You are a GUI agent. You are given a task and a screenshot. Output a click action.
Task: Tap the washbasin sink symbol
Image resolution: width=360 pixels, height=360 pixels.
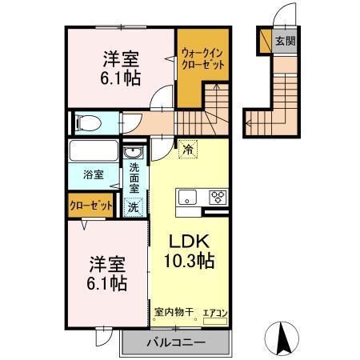(x=134, y=153)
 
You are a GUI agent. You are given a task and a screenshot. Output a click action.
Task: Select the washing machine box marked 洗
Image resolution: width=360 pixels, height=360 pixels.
(x=134, y=206)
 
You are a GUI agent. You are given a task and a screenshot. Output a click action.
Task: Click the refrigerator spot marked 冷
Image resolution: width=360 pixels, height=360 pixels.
(x=187, y=149)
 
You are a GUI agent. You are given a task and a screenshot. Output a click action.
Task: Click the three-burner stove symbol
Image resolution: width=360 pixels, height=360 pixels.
(x=217, y=198)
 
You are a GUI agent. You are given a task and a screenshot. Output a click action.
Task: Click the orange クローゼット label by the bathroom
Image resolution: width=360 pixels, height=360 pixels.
(x=90, y=206)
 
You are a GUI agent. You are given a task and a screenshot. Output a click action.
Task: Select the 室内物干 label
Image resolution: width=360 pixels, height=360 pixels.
(x=171, y=314)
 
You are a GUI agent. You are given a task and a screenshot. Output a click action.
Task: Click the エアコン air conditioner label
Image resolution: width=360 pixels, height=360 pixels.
(x=214, y=314)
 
